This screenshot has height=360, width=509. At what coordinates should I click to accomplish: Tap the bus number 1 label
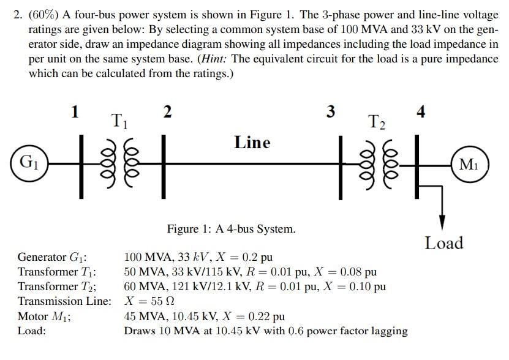click(75, 111)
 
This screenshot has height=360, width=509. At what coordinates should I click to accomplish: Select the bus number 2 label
click(167, 111)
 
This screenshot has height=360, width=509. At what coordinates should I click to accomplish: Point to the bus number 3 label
click(331, 111)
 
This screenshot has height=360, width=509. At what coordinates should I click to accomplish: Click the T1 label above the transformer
click(119, 121)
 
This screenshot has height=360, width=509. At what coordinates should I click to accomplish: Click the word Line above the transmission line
click(252, 143)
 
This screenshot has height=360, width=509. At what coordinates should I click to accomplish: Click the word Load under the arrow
click(444, 243)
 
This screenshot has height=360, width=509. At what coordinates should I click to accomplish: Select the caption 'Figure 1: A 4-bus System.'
click(232, 230)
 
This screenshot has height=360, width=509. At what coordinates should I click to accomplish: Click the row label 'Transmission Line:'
click(64, 301)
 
